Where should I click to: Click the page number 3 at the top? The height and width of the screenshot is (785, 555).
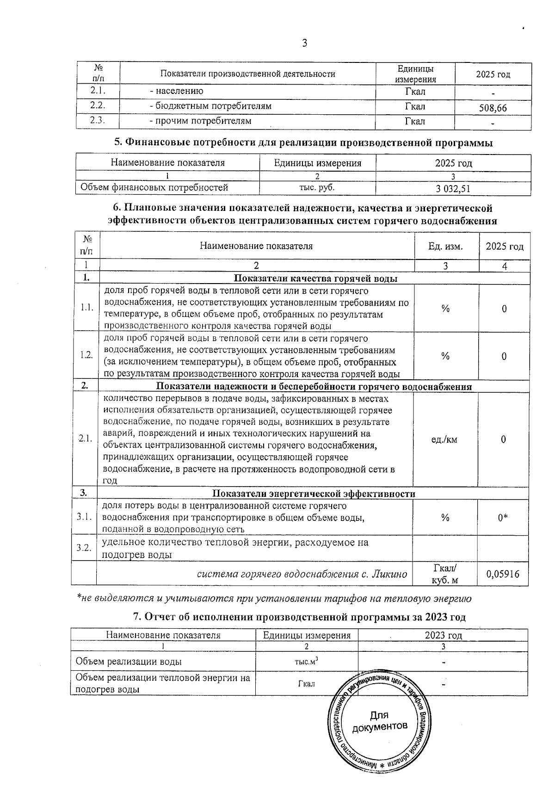coord(304,43)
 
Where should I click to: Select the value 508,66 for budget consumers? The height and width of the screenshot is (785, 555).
coord(493,108)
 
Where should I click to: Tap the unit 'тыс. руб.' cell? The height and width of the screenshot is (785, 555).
coord(317,187)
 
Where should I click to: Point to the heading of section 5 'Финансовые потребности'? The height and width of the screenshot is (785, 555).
coord(303,143)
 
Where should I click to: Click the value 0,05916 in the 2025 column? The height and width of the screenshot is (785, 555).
coord(503,574)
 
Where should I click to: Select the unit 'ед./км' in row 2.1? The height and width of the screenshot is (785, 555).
coord(444,439)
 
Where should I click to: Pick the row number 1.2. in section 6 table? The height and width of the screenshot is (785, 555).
coord(86,355)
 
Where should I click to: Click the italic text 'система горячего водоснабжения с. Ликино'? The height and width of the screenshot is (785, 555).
coord(302,575)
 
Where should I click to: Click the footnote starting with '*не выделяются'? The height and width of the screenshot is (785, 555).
coord(274,599)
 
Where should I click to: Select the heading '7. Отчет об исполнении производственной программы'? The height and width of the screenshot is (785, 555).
coord(299,617)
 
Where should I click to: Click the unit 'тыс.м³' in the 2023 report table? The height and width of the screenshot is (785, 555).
coord(306,661)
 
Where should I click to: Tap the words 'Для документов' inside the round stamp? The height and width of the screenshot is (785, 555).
coord(380,721)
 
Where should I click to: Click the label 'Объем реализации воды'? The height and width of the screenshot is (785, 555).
coord(129,661)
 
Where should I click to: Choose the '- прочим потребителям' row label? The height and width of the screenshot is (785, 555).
coord(200,121)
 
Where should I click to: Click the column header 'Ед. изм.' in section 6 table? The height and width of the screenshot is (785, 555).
coord(445,246)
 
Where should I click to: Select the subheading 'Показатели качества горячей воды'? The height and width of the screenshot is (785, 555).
coord(316,278)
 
